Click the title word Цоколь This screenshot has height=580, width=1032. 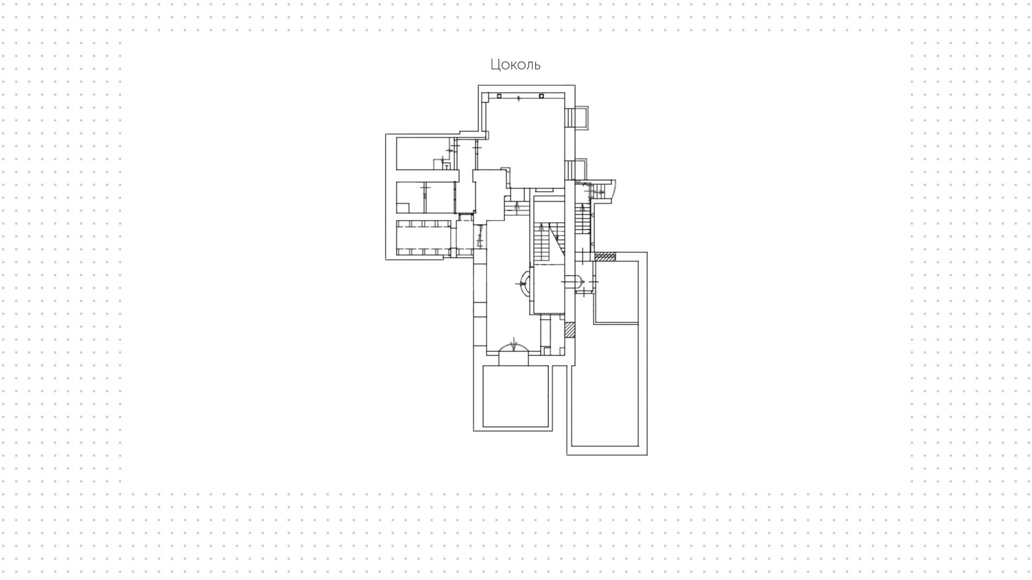pyautogui.click(x=515, y=65)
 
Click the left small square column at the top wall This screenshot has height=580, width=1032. pyautogui.click(x=499, y=96)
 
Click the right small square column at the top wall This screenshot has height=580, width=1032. pyautogui.click(x=542, y=96)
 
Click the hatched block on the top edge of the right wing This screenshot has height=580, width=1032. pyautogui.click(x=605, y=257)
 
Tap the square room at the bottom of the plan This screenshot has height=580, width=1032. pyautogui.click(x=515, y=396)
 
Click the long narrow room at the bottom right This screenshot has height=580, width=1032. pyautogui.click(x=605, y=385)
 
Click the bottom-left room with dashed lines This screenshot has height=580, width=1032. pyautogui.click(x=423, y=238)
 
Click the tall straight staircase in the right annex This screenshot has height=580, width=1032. pyautogui.click(x=582, y=218)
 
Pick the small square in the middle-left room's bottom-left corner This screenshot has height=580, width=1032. pyautogui.click(x=403, y=207)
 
